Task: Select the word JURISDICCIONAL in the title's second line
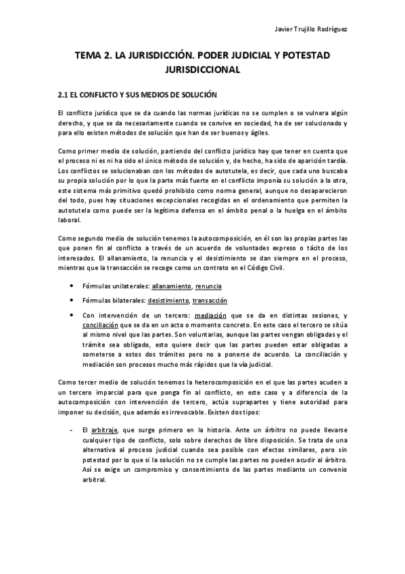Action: click(x=203, y=69)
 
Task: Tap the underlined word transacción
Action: click(x=210, y=301)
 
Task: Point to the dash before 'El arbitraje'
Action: click(x=71, y=430)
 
